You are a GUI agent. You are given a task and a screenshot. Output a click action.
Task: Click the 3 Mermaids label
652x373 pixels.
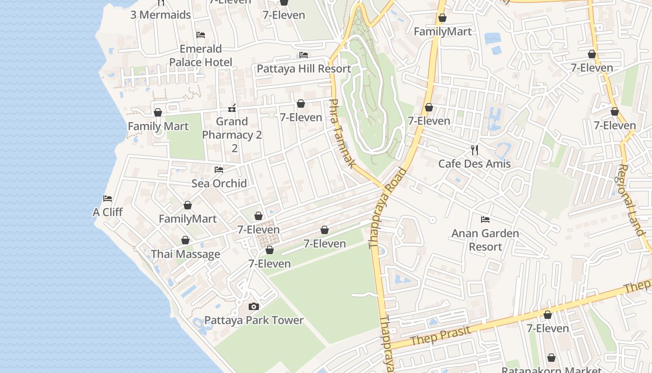coord(161,15)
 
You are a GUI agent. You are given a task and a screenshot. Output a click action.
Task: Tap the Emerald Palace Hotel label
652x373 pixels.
coord(201,55)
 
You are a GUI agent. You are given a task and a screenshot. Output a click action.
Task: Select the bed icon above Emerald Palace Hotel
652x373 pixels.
coord(201,35)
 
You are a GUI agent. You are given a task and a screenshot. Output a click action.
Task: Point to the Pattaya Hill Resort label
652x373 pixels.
coord(304,69)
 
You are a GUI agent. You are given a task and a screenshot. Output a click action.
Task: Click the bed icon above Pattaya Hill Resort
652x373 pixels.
coord(304,55)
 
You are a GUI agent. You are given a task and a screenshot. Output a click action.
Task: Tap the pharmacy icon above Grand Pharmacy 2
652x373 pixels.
coord(232,109)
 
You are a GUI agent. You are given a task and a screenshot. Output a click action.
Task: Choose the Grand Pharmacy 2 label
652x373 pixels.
coord(232,135)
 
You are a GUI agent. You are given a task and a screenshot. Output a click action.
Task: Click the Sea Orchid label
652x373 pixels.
coord(219,183)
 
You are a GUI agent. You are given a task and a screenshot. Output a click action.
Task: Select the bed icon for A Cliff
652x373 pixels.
coord(108,199)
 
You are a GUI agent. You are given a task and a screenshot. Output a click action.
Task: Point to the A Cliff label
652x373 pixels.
coord(108,212)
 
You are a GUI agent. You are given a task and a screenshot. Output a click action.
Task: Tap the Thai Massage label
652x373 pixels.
coord(185,254)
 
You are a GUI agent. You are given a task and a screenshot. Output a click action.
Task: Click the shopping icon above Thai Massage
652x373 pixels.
coord(185,241)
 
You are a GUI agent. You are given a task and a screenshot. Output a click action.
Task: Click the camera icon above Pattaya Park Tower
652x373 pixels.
coord(254,306)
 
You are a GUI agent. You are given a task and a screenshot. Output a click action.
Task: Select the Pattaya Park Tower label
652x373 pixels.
coord(254,320)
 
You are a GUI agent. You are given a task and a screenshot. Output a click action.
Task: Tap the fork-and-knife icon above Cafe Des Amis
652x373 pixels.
coord(475,150)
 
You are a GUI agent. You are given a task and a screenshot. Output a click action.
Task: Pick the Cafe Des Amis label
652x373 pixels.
coord(475,164)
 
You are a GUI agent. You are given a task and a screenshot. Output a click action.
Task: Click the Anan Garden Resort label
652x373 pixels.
coord(485,240)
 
